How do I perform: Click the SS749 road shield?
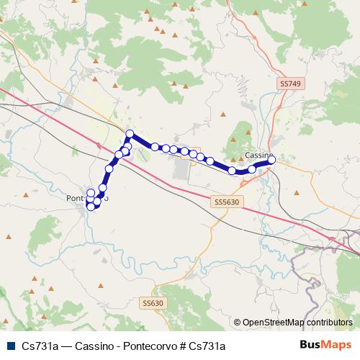tap(288, 84)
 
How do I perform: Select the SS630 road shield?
tap(153, 304)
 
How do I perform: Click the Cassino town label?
tap(257, 155)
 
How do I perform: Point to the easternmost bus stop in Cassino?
tap(272, 160)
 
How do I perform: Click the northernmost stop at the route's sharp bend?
tap(130, 133)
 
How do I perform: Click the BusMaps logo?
tap(325, 346)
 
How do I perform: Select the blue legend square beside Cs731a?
tap(9, 346)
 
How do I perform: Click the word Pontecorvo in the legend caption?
tap(149, 346)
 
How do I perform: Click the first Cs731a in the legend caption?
tap(40, 346)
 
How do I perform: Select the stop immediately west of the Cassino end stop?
tap(252, 169)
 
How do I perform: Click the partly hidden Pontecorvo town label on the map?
tap(78, 197)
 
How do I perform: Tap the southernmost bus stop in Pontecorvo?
tap(91, 207)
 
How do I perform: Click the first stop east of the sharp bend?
tap(154, 146)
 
